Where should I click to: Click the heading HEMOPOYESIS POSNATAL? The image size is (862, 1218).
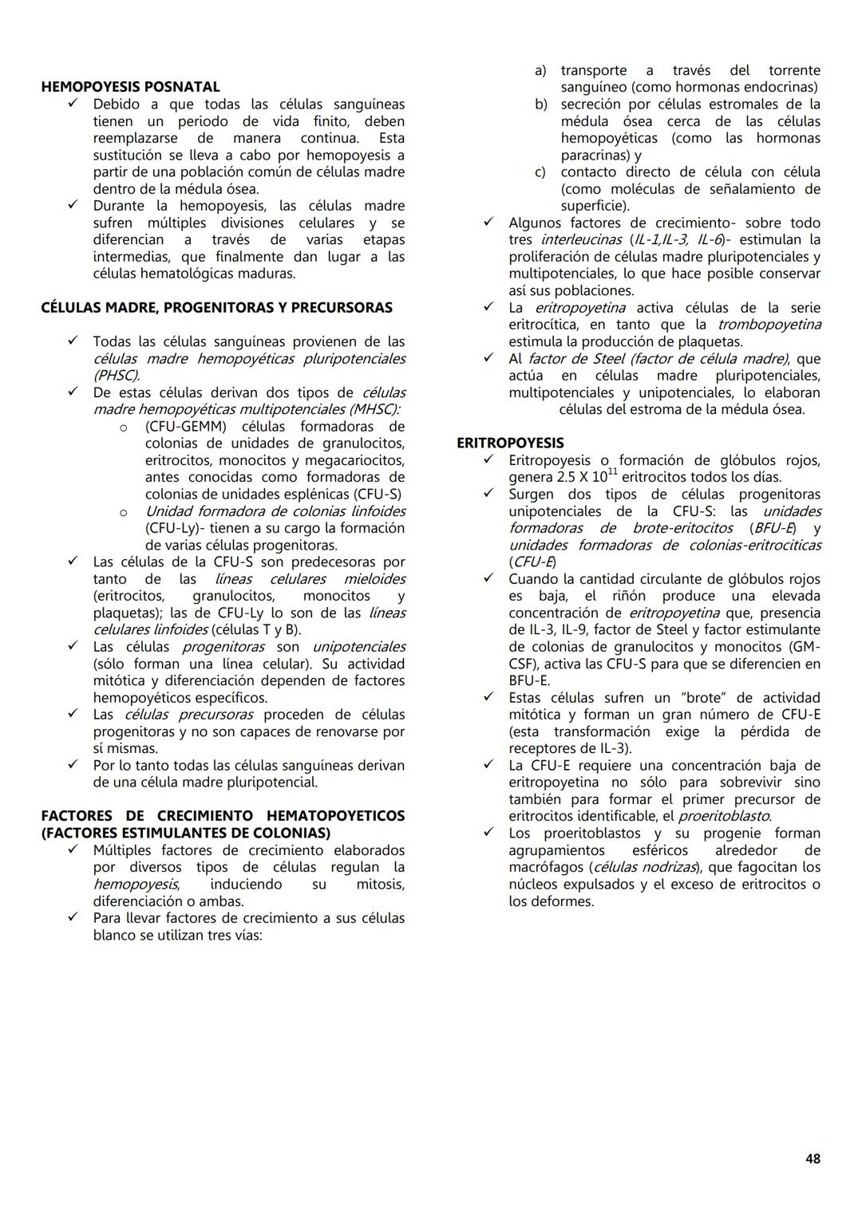click(x=130, y=87)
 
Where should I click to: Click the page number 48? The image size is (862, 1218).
click(x=813, y=1159)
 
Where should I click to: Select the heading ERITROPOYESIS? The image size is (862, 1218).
click(x=510, y=443)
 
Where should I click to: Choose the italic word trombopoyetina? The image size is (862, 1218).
click(x=769, y=325)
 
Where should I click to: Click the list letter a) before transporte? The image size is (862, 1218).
click(x=540, y=71)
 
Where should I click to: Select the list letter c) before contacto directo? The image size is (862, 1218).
click(x=540, y=172)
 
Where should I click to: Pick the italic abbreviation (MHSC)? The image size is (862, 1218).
click(x=370, y=409)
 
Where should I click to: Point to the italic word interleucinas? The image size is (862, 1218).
click(x=581, y=240)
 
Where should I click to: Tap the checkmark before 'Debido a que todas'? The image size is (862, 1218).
click(x=73, y=104)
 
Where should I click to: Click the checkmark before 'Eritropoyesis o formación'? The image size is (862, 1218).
click(x=488, y=460)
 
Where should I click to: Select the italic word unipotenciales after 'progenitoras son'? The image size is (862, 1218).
click(x=358, y=647)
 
